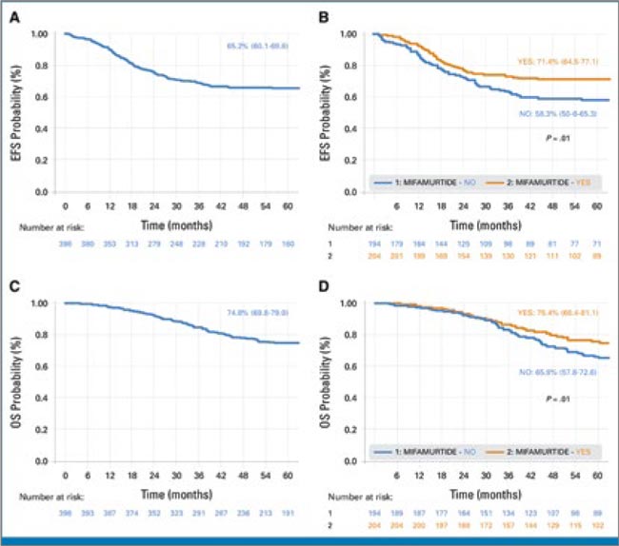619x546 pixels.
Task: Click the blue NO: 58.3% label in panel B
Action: click(x=562, y=112)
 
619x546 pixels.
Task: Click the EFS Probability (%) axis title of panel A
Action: click(x=17, y=114)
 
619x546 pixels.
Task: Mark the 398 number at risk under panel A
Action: click(x=65, y=245)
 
